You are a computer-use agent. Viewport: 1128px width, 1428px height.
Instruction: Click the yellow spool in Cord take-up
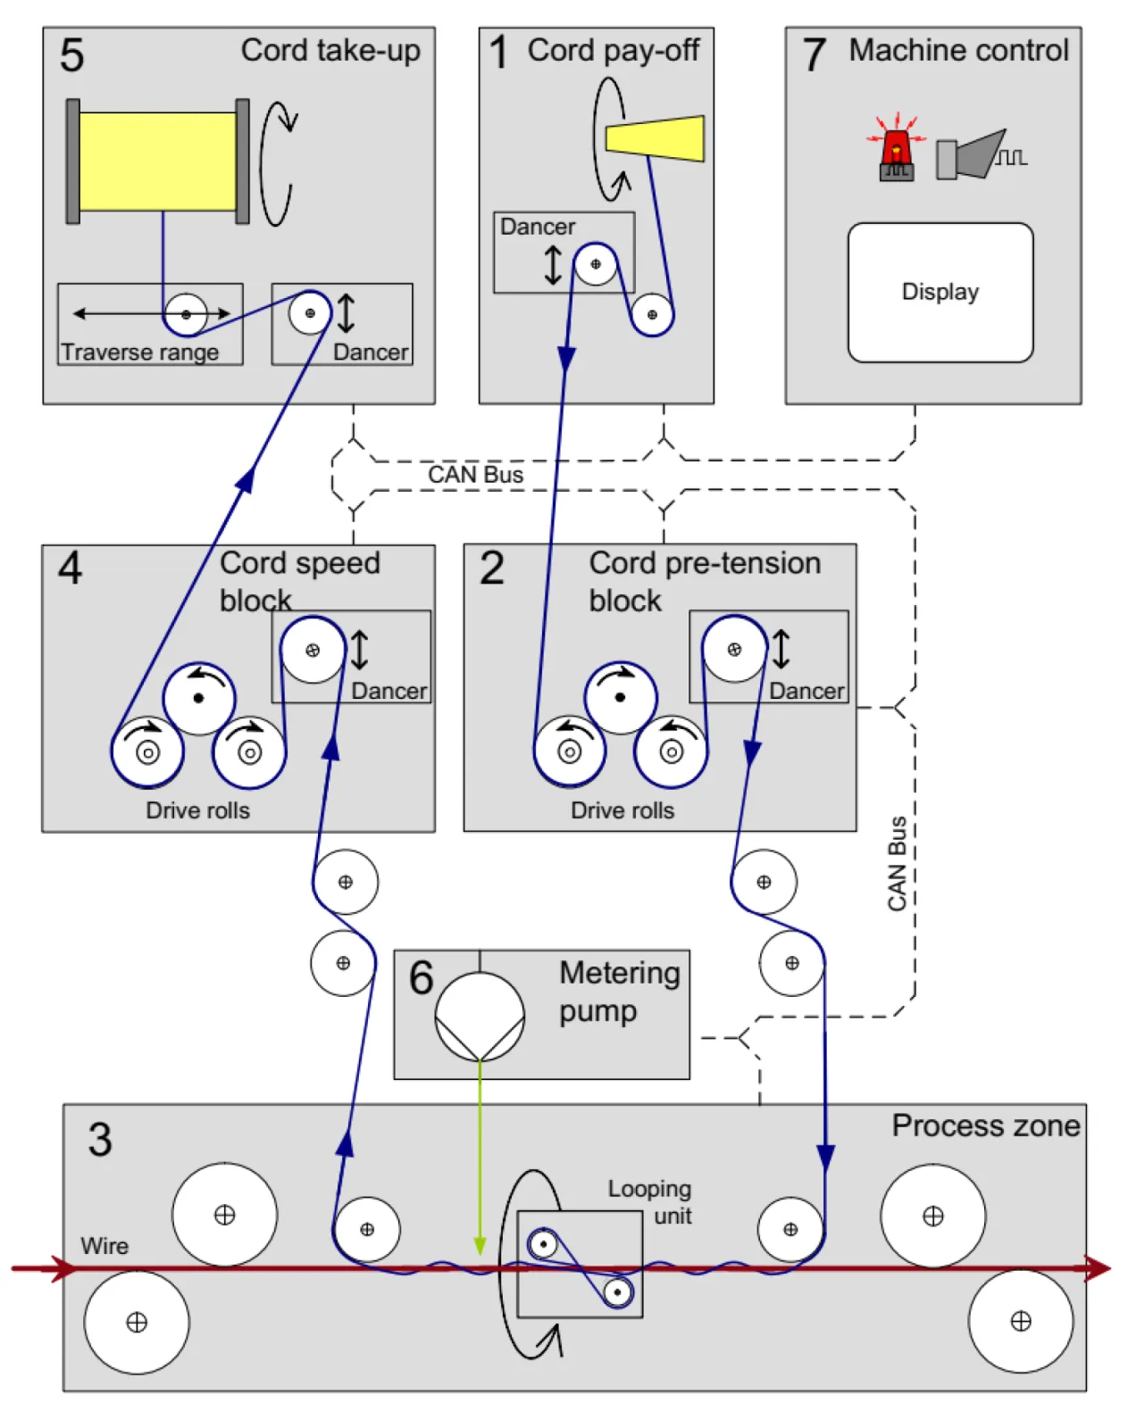(158, 162)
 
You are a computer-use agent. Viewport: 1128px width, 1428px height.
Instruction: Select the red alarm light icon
(896, 152)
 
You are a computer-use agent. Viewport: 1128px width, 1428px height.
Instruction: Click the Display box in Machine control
(940, 292)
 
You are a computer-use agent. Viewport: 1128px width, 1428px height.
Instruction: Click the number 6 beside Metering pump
(421, 976)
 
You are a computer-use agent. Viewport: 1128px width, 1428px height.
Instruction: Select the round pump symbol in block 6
(480, 1017)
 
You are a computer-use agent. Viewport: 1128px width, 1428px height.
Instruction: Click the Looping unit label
(650, 1201)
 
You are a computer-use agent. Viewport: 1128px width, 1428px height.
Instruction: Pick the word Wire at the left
(104, 1245)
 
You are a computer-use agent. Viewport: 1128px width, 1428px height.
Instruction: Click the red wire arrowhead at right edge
(1099, 1267)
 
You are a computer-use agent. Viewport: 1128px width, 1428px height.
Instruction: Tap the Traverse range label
(140, 352)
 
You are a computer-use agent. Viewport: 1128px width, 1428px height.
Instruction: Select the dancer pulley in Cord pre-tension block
(734, 650)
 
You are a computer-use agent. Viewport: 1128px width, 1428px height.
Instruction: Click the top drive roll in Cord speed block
(198, 698)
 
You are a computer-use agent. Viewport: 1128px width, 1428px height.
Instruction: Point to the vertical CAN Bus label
(897, 863)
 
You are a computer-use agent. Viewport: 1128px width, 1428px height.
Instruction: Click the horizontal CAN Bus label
(475, 474)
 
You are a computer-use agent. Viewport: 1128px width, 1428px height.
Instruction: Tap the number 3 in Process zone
(100, 1140)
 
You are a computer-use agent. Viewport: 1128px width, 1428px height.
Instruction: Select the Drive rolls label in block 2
(622, 809)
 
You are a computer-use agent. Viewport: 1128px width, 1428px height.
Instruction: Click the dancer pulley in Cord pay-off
(596, 264)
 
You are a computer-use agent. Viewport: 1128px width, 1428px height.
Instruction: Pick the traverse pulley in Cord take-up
(186, 314)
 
